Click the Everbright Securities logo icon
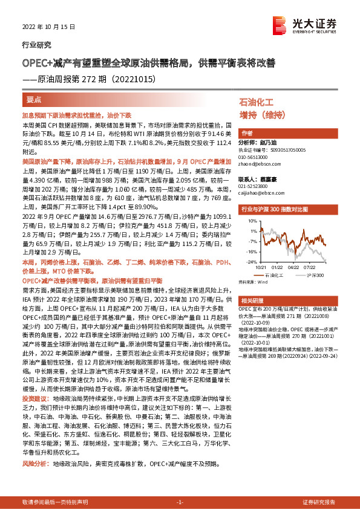coord(280,25)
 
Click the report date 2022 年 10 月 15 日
coord(45,28)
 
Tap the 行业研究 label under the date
coord(36,45)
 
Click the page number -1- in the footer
coord(180,502)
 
